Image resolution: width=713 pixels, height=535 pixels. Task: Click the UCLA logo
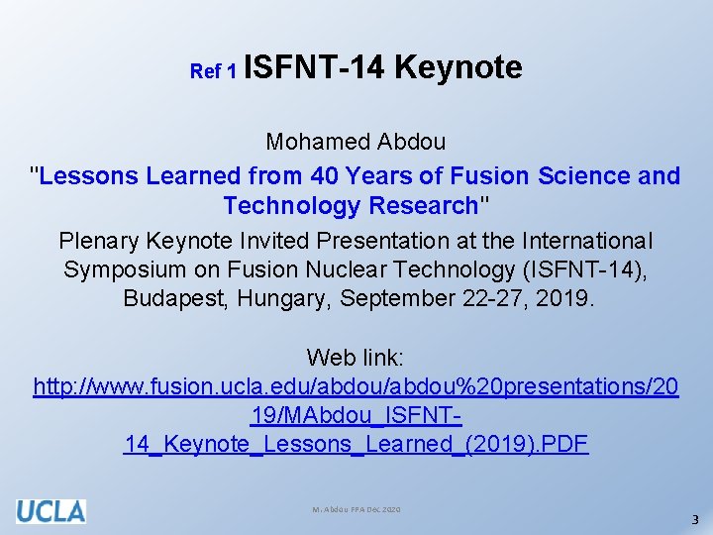coord(51,510)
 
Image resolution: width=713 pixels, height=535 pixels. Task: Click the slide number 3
coord(695,519)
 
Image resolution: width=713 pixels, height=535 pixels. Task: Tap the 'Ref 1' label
coord(213,71)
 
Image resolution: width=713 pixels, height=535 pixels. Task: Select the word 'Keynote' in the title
coord(458,67)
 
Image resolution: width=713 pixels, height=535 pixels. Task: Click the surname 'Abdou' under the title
coord(412,142)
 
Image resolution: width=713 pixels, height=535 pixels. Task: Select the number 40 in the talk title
coord(325,176)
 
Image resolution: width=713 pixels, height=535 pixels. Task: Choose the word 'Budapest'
coord(175,298)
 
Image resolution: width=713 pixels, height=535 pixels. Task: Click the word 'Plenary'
coord(101,241)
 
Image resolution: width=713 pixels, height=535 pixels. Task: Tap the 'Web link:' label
coord(356,357)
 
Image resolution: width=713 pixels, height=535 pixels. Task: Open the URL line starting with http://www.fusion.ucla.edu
coord(356,386)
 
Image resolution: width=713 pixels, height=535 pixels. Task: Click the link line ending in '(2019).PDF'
coord(356,444)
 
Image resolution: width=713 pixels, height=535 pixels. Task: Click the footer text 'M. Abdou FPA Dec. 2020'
coord(356,508)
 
